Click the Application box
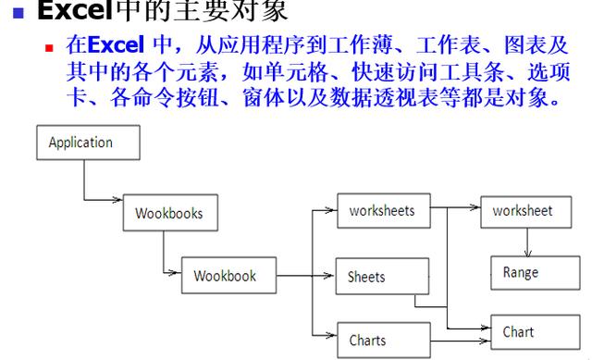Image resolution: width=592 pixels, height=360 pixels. [x=88, y=143]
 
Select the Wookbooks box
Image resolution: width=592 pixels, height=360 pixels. [x=169, y=213]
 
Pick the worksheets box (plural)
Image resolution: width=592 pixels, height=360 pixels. [x=382, y=211]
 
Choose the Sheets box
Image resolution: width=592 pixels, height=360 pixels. [x=382, y=277]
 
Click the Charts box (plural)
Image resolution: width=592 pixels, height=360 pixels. [x=382, y=340]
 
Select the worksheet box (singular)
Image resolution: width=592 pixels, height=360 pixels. [x=522, y=211]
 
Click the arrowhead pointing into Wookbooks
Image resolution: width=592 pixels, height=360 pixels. [x=118, y=199]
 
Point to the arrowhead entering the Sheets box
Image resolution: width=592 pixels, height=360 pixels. [x=330, y=275]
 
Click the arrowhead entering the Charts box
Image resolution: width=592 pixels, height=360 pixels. [x=330, y=334]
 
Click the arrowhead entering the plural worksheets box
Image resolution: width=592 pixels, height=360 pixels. [x=330, y=210]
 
